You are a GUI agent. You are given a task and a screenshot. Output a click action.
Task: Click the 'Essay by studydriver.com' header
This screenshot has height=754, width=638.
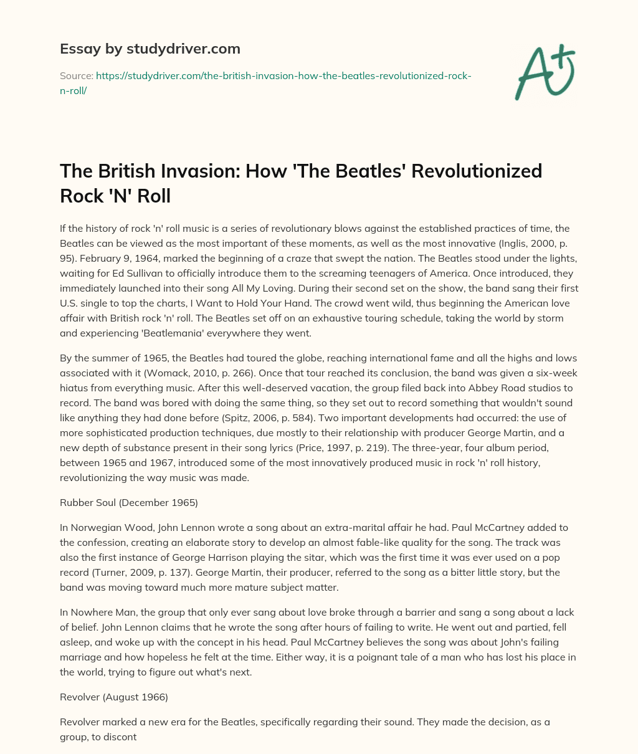click(x=150, y=49)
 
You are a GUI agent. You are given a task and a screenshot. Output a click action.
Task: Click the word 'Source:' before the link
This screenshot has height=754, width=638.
click(x=77, y=75)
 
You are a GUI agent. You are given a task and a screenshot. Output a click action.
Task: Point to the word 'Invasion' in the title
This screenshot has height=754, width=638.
click(x=189, y=171)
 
